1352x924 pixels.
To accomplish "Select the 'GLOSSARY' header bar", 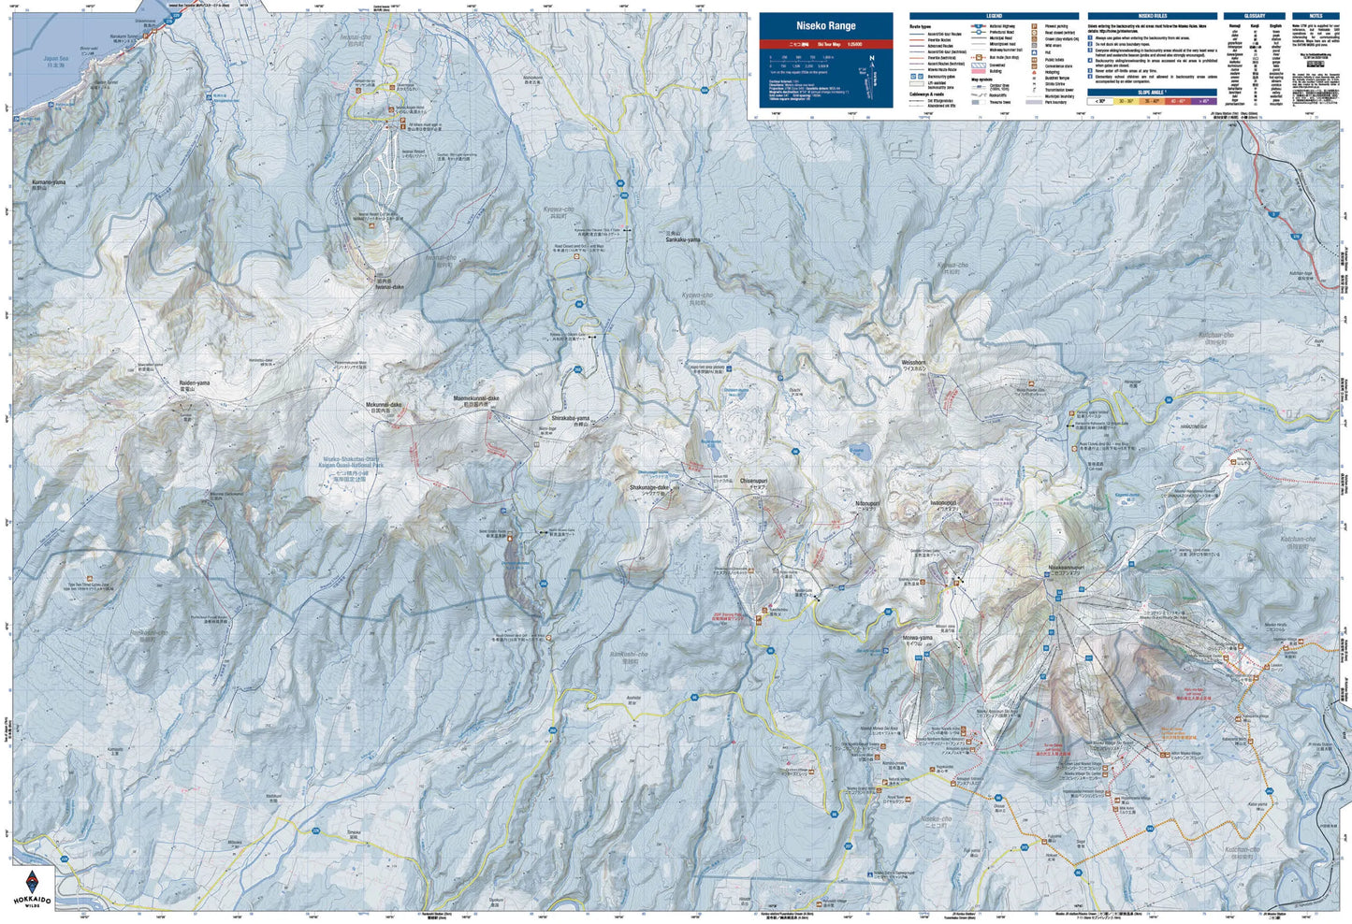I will (x=1255, y=16).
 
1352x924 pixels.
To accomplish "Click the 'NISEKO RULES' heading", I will (x=1153, y=16).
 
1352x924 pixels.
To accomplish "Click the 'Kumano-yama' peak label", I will (x=47, y=180).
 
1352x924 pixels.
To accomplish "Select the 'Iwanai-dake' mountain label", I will (x=389, y=287).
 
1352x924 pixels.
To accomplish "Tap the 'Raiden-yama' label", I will (x=190, y=383).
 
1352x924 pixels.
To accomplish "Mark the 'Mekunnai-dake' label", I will (x=383, y=404).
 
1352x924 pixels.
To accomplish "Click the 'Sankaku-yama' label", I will (x=682, y=239).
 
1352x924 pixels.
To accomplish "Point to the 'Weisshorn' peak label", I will (x=913, y=362).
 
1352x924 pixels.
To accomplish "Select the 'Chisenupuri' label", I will (x=753, y=481).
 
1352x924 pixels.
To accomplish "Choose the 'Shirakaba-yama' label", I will (x=570, y=417).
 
